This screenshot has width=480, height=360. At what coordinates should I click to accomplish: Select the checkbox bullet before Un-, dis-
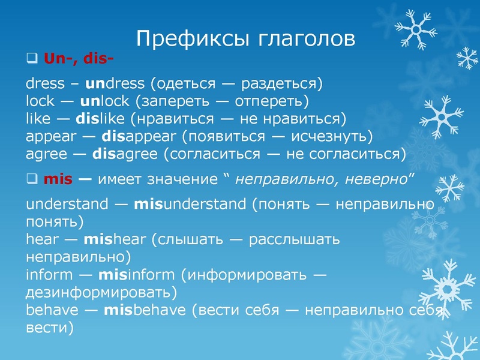(31, 59)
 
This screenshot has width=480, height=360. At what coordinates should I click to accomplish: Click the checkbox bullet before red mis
(31, 179)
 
